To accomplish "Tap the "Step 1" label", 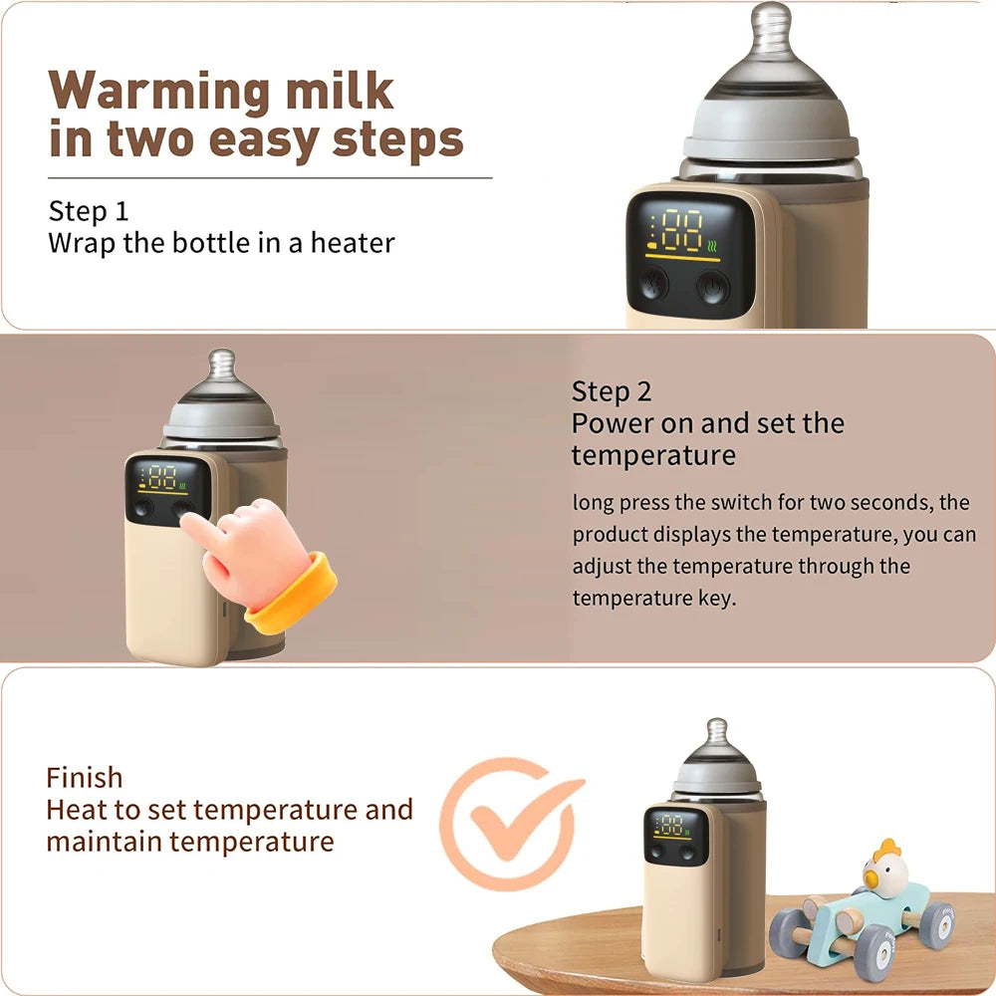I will [x=89, y=211].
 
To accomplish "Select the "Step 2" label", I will [x=612, y=390].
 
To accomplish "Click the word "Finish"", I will [x=85, y=777].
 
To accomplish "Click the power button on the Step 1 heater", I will [x=712, y=288].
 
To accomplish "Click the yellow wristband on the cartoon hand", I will [x=291, y=594].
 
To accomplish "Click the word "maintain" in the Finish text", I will [x=103, y=841].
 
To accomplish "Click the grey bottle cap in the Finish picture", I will [x=717, y=772].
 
